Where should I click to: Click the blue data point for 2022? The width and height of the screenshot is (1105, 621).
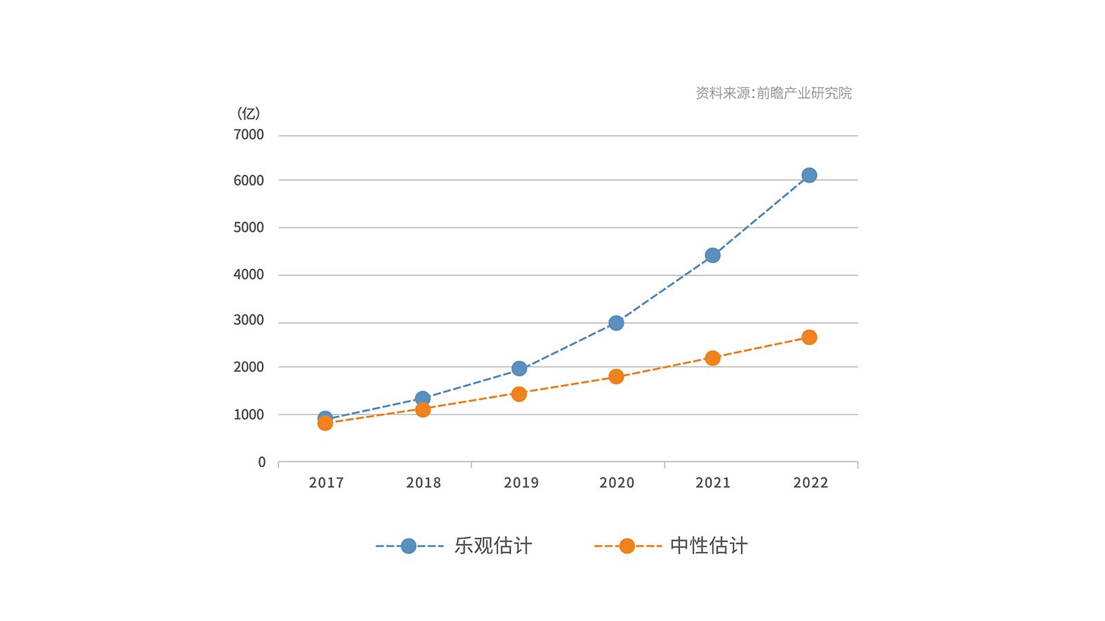[809, 175]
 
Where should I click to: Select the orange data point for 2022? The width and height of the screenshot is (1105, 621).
[809, 337]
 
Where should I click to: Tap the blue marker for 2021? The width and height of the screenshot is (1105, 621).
[712, 255]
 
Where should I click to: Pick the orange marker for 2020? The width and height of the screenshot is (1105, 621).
[616, 376]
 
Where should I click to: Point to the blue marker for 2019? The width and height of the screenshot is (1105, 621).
[519, 368]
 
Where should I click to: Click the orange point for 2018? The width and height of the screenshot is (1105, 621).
[423, 410]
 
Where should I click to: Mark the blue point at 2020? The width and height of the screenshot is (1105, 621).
[616, 322]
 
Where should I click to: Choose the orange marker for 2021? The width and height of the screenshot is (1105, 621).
[712, 357]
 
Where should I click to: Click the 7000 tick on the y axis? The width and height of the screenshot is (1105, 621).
[249, 135]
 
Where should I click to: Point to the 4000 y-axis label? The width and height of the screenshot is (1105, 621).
[249, 275]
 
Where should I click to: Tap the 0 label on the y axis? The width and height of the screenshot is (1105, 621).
[262, 462]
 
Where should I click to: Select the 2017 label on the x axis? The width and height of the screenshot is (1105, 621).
[326, 483]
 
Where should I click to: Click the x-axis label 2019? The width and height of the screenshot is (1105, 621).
[521, 483]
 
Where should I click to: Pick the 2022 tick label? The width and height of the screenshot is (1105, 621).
[810, 483]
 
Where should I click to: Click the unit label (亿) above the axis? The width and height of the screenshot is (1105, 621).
[249, 113]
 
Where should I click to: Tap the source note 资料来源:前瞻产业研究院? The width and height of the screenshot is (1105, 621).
[773, 93]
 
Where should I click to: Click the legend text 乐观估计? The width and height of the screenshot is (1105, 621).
[493, 546]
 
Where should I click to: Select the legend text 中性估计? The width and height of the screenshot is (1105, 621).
[709, 546]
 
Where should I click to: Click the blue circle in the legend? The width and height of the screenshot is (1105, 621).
[408, 546]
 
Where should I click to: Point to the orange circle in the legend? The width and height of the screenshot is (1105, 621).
[626, 546]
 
